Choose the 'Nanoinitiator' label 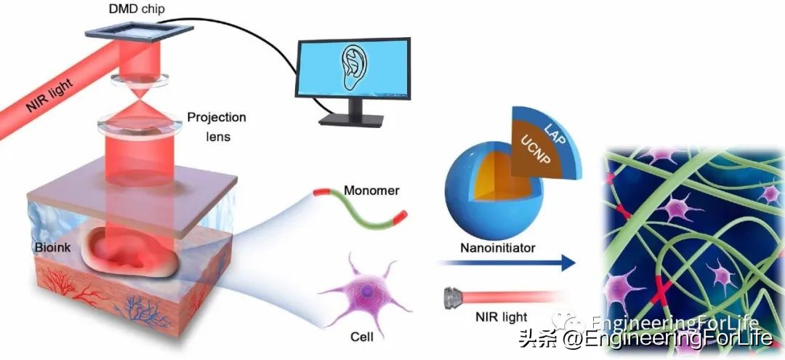point(498,248)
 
